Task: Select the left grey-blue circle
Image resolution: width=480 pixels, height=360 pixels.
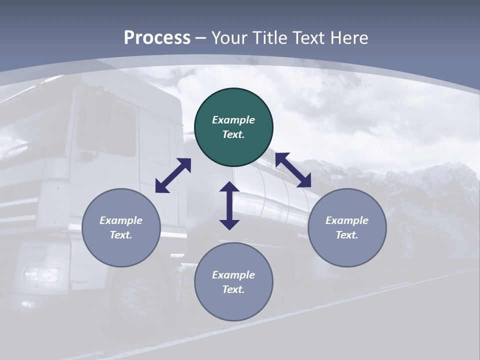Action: point(121,227)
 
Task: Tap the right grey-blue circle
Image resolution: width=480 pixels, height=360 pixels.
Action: point(347,227)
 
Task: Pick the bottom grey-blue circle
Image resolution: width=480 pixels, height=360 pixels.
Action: point(233,281)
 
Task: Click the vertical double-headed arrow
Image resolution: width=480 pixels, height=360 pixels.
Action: point(229,205)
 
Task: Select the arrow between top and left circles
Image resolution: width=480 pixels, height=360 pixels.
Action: point(173,175)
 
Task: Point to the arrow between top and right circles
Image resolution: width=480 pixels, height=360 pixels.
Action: point(293,170)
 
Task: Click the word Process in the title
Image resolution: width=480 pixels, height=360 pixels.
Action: point(157,37)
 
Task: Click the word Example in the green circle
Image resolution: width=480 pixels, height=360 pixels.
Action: point(233,120)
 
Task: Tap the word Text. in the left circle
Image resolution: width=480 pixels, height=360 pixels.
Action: point(121,235)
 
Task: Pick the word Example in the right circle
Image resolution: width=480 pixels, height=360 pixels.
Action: point(347,220)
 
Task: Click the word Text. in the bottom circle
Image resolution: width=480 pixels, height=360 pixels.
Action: point(233,289)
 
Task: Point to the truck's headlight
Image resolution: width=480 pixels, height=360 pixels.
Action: point(41,274)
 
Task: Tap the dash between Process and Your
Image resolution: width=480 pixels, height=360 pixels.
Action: point(201,38)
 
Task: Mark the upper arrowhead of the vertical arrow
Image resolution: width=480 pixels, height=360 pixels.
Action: point(229,187)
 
